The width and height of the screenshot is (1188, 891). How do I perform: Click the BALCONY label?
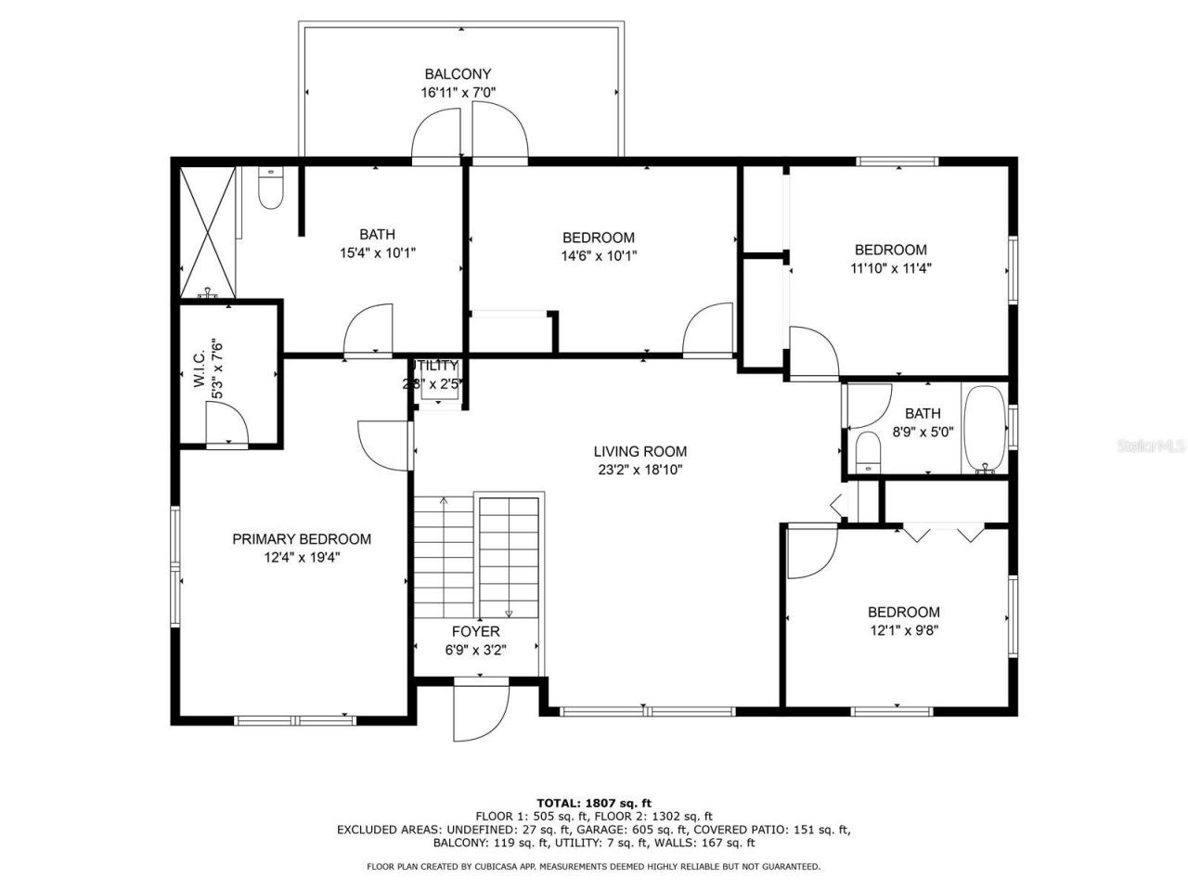(x=458, y=74)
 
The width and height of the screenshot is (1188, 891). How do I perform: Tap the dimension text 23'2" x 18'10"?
(x=639, y=470)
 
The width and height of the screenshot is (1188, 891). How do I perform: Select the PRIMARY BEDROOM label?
(x=302, y=539)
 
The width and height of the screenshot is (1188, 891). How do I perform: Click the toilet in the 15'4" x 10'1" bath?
(x=270, y=189)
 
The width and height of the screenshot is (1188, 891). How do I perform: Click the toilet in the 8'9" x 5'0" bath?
(x=868, y=452)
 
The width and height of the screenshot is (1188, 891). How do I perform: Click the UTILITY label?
(x=436, y=366)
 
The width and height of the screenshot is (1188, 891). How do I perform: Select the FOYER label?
(x=476, y=632)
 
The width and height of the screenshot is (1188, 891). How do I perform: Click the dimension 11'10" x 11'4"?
(x=890, y=268)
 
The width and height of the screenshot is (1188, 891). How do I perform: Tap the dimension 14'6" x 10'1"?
(x=599, y=255)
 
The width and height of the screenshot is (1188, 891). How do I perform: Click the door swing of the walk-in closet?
(x=228, y=428)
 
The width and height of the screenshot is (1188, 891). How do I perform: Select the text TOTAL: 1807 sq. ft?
(x=594, y=802)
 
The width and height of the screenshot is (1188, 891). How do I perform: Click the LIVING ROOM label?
(x=639, y=452)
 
